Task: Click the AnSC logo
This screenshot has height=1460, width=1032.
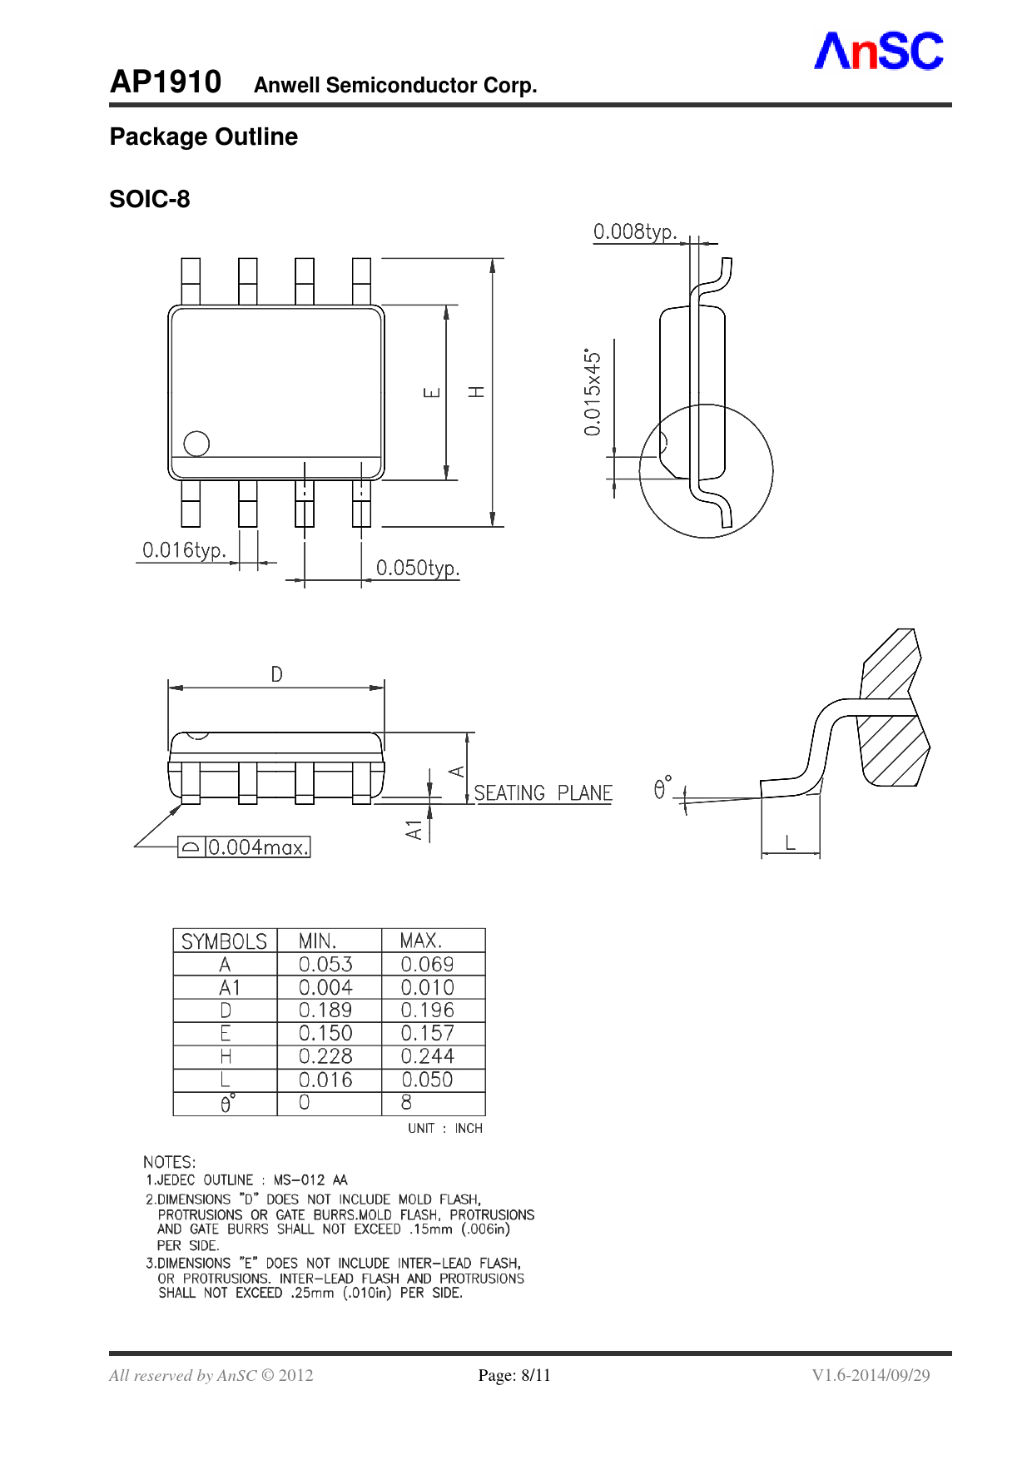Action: (879, 51)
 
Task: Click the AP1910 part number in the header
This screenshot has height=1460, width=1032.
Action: (166, 82)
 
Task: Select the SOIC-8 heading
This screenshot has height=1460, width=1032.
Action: (150, 199)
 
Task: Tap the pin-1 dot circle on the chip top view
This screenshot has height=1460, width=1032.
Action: (196, 444)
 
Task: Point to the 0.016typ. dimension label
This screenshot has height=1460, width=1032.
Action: (184, 550)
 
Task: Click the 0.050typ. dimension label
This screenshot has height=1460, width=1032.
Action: (418, 568)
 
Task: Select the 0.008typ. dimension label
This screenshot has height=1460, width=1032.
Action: (635, 231)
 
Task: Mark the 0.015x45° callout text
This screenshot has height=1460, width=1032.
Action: (592, 392)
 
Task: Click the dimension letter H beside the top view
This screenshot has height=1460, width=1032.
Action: (476, 391)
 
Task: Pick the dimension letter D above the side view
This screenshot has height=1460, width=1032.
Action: (276, 674)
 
